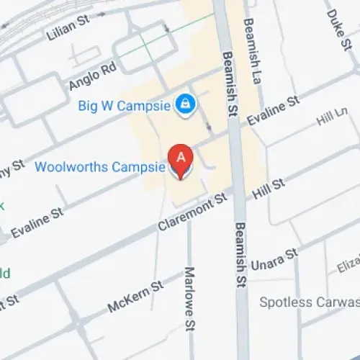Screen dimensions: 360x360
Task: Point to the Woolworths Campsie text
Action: click(102, 167)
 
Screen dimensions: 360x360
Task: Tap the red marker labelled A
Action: click(181, 160)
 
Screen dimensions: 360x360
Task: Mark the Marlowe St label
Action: click(190, 287)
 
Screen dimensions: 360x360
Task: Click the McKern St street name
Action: click(135, 296)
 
